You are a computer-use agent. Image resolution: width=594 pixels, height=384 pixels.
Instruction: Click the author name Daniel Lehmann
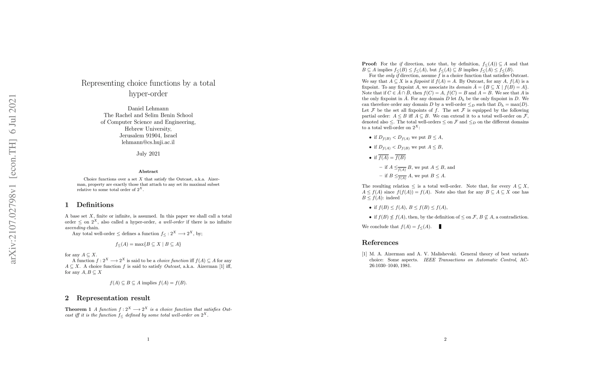(148, 108)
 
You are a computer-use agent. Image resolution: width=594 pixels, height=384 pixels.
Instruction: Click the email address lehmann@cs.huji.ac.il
(148, 142)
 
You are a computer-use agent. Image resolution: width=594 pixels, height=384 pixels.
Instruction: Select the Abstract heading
(148, 172)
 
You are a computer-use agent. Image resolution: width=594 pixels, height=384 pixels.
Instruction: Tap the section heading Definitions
(95, 205)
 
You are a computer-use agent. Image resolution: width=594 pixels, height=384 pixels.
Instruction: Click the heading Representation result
(113, 298)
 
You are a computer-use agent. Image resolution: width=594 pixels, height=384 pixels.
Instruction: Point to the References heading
(380, 243)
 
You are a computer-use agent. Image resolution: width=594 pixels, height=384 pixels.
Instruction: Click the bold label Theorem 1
(76, 309)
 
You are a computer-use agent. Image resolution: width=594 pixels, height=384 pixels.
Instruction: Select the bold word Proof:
(369, 64)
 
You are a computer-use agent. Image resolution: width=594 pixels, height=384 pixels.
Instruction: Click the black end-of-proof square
(440, 227)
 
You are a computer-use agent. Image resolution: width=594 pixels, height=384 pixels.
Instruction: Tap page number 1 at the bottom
(148, 339)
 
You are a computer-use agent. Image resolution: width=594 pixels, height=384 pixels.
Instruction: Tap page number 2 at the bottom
(445, 339)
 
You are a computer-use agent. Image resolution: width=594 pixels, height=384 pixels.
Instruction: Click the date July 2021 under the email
(148, 154)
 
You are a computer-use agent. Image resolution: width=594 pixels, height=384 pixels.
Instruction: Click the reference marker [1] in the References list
(364, 254)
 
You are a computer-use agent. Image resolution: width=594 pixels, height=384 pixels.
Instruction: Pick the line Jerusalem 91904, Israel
(148, 135)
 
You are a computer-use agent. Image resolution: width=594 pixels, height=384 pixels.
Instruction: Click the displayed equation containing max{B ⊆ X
(148, 244)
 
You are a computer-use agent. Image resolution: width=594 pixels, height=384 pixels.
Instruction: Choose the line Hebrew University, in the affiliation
(148, 129)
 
